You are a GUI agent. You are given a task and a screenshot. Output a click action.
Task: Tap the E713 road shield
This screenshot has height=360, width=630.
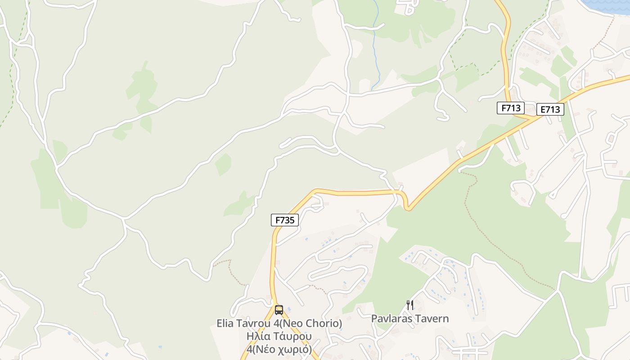pyautogui.click(x=550, y=109)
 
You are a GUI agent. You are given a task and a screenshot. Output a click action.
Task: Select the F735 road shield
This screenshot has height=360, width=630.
pyautogui.click(x=284, y=220)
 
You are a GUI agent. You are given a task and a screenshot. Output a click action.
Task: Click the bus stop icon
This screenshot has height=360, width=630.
pyautogui.click(x=279, y=310)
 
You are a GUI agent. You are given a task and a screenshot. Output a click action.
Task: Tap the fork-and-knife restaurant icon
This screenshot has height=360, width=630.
pyautogui.click(x=409, y=305)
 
